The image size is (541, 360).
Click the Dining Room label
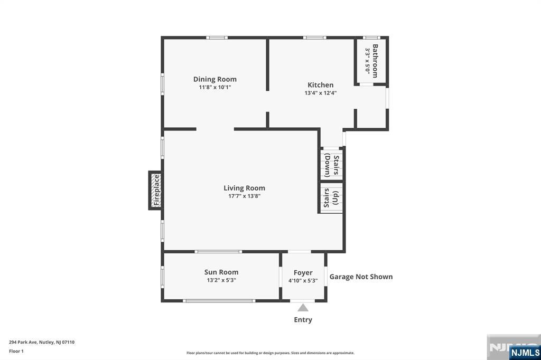[x=214, y=79]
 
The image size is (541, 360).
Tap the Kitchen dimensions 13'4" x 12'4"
[x=321, y=93]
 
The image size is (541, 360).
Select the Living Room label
[x=244, y=188]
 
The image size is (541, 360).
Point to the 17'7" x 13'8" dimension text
[x=244, y=196]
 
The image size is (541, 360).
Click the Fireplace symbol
[x=156, y=190]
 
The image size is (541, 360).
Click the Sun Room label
[x=221, y=272]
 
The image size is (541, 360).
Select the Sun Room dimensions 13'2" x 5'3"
[x=221, y=280]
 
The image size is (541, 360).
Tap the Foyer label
[x=303, y=273]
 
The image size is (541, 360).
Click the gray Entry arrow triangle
[x=303, y=308]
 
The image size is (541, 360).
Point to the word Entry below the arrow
[x=303, y=320]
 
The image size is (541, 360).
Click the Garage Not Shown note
[x=361, y=277]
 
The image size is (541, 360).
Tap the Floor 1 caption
[x=16, y=351]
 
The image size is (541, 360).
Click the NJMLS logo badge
[x=525, y=352]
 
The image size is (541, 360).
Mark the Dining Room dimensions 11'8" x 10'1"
[x=214, y=87]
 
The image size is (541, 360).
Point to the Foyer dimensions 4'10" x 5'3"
[x=303, y=281]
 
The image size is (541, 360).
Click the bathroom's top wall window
[x=371, y=37]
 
